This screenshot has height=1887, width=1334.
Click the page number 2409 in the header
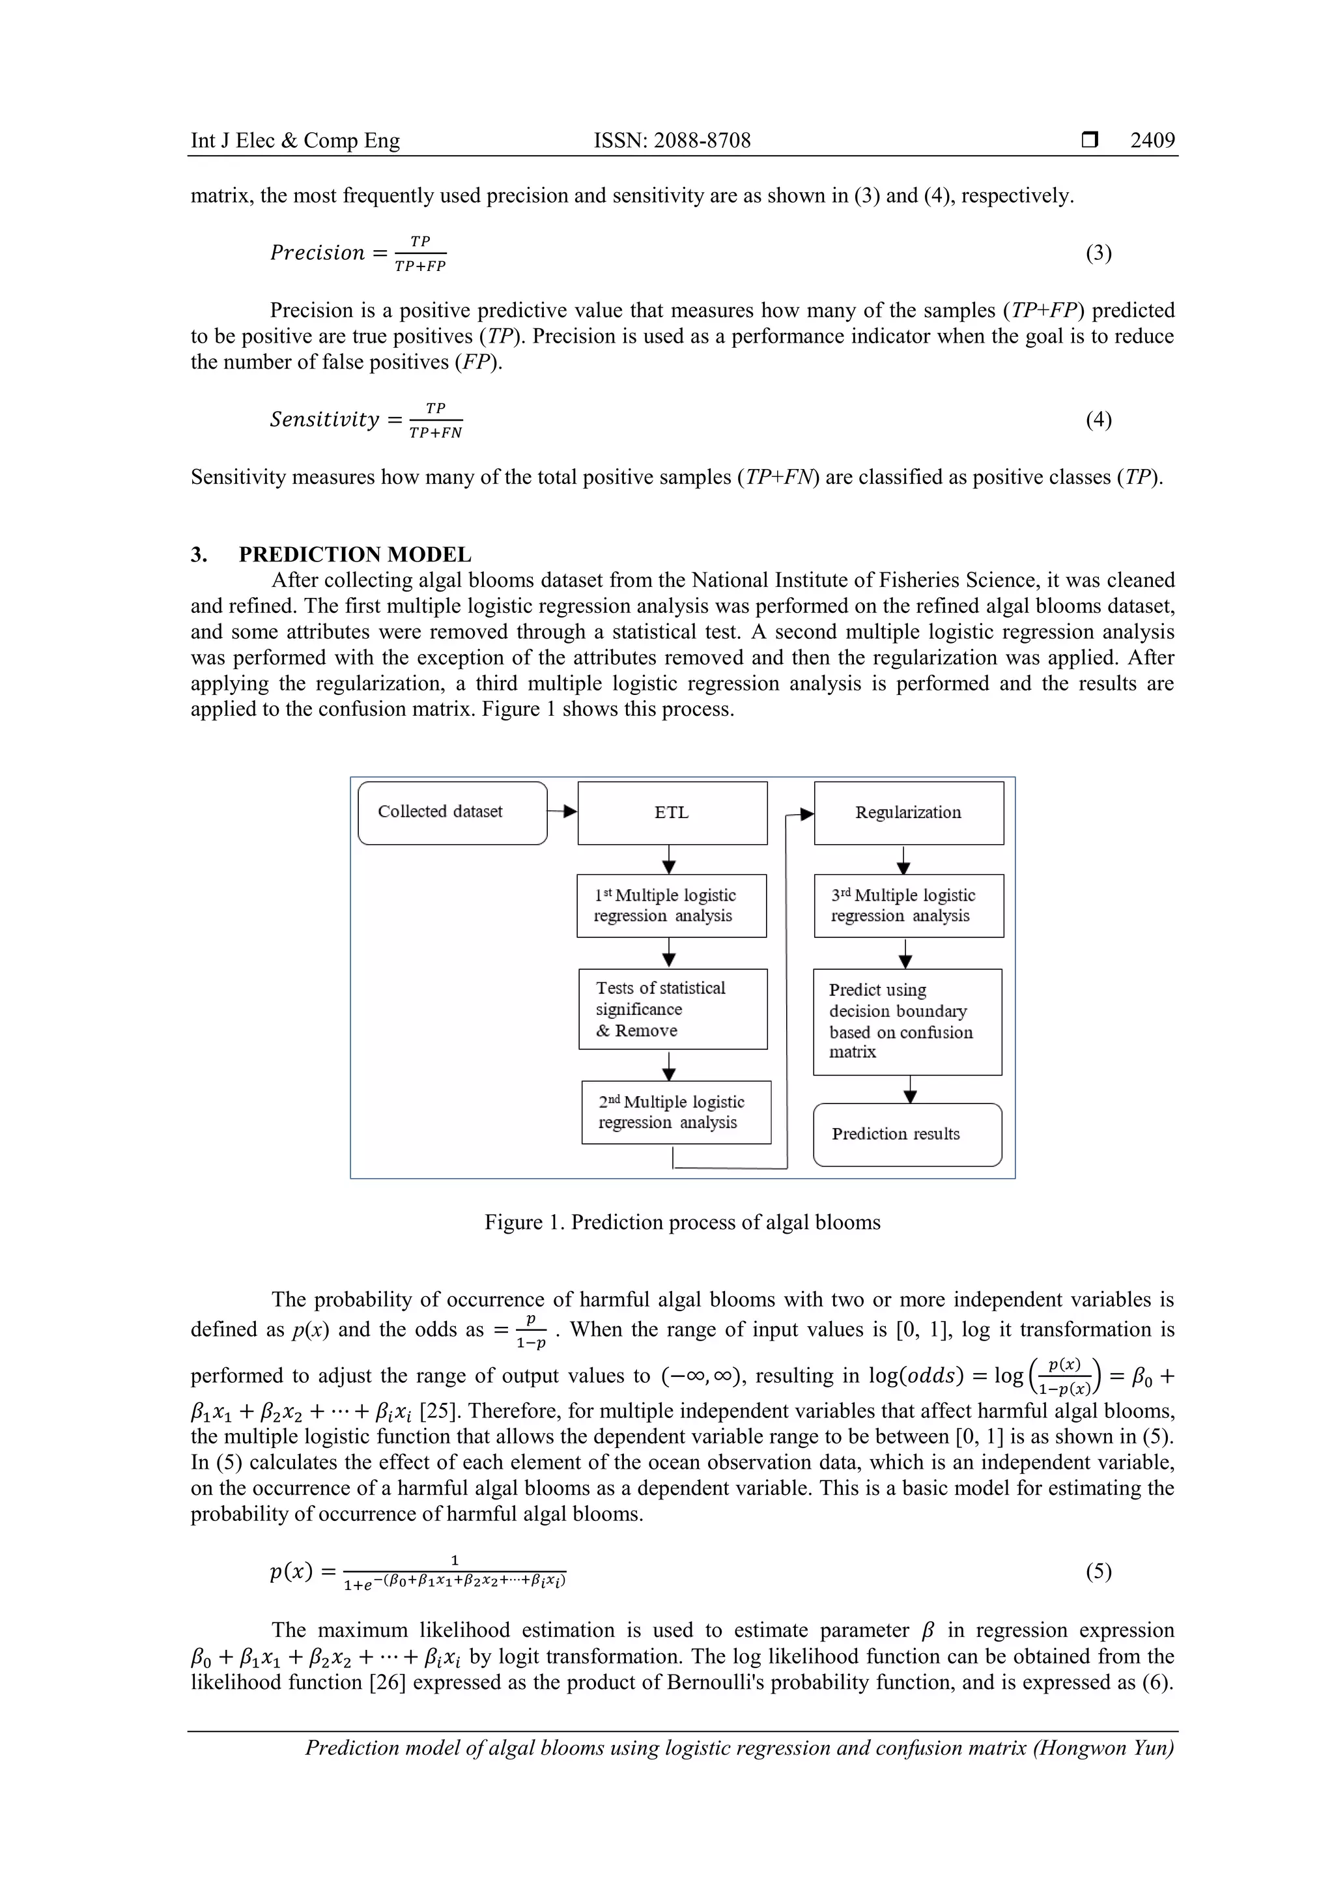[x=1152, y=141]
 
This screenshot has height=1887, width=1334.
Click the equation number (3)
[x=1098, y=253]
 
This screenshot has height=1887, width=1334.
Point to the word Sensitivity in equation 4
[x=324, y=420]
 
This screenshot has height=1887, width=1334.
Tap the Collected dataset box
[x=452, y=812]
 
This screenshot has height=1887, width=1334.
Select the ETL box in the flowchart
[x=672, y=813]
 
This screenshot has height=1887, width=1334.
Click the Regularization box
[x=908, y=813]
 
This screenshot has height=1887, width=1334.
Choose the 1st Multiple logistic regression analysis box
[x=671, y=905]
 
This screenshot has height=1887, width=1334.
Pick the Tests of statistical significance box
[x=672, y=1008]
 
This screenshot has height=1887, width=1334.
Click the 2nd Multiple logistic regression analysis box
[x=675, y=1112]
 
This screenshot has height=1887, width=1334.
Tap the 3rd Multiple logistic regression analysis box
[x=908, y=905]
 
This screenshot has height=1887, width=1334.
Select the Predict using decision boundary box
[x=907, y=1021]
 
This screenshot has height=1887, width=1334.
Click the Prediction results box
[x=907, y=1134]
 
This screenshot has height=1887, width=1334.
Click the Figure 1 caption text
[x=681, y=1222]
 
